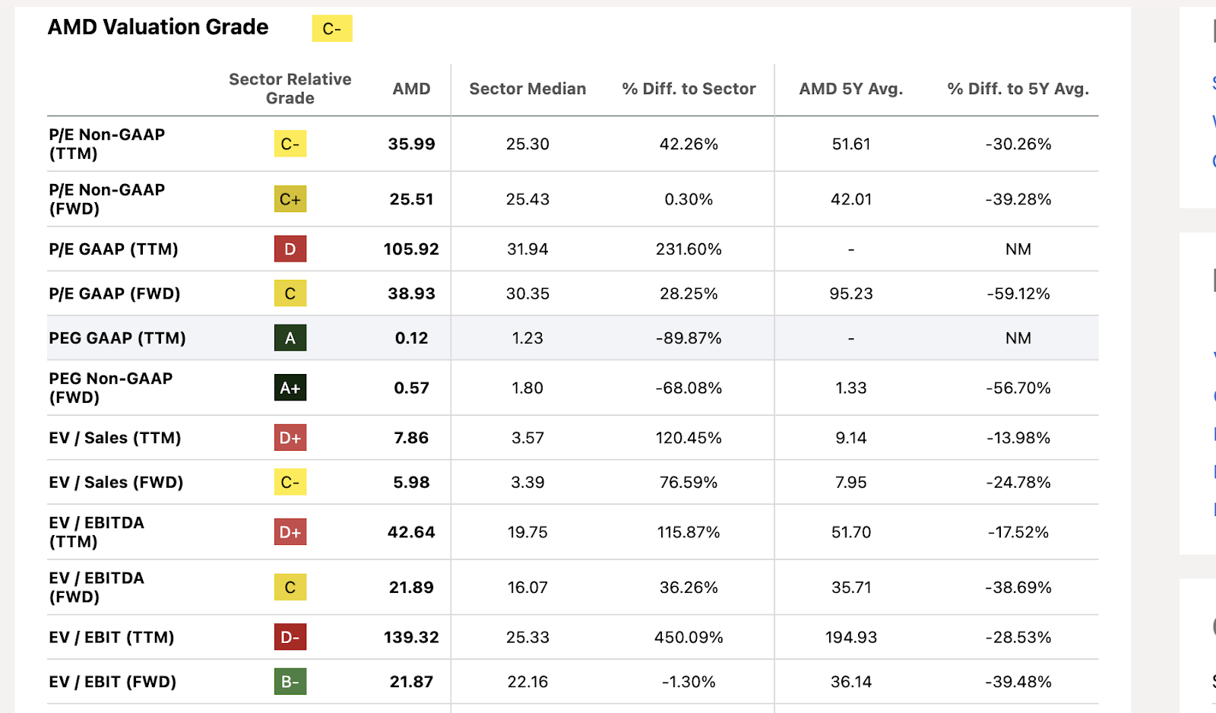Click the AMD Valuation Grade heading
(158, 27)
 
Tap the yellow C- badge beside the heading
(332, 29)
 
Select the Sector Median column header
(527, 89)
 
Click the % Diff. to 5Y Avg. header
(1018, 89)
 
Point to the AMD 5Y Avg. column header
(850, 89)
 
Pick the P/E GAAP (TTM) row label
(113, 249)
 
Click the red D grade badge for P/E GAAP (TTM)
(290, 249)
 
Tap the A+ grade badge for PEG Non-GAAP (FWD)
(290, 388)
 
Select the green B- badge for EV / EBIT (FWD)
(290, 682)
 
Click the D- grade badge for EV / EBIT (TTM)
(290, 637)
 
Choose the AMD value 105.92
(411, 249)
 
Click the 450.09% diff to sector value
(689, 637)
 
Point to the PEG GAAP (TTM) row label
(117, 338)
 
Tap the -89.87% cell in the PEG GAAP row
(689, 338)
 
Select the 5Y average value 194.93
(850, 637)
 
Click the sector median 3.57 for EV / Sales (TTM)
(527, 438)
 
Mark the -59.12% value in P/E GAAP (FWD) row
(1018, 294)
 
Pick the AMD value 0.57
(411, 388)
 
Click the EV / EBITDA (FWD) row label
(97, 588)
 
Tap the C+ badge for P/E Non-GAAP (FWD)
(290, 199)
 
